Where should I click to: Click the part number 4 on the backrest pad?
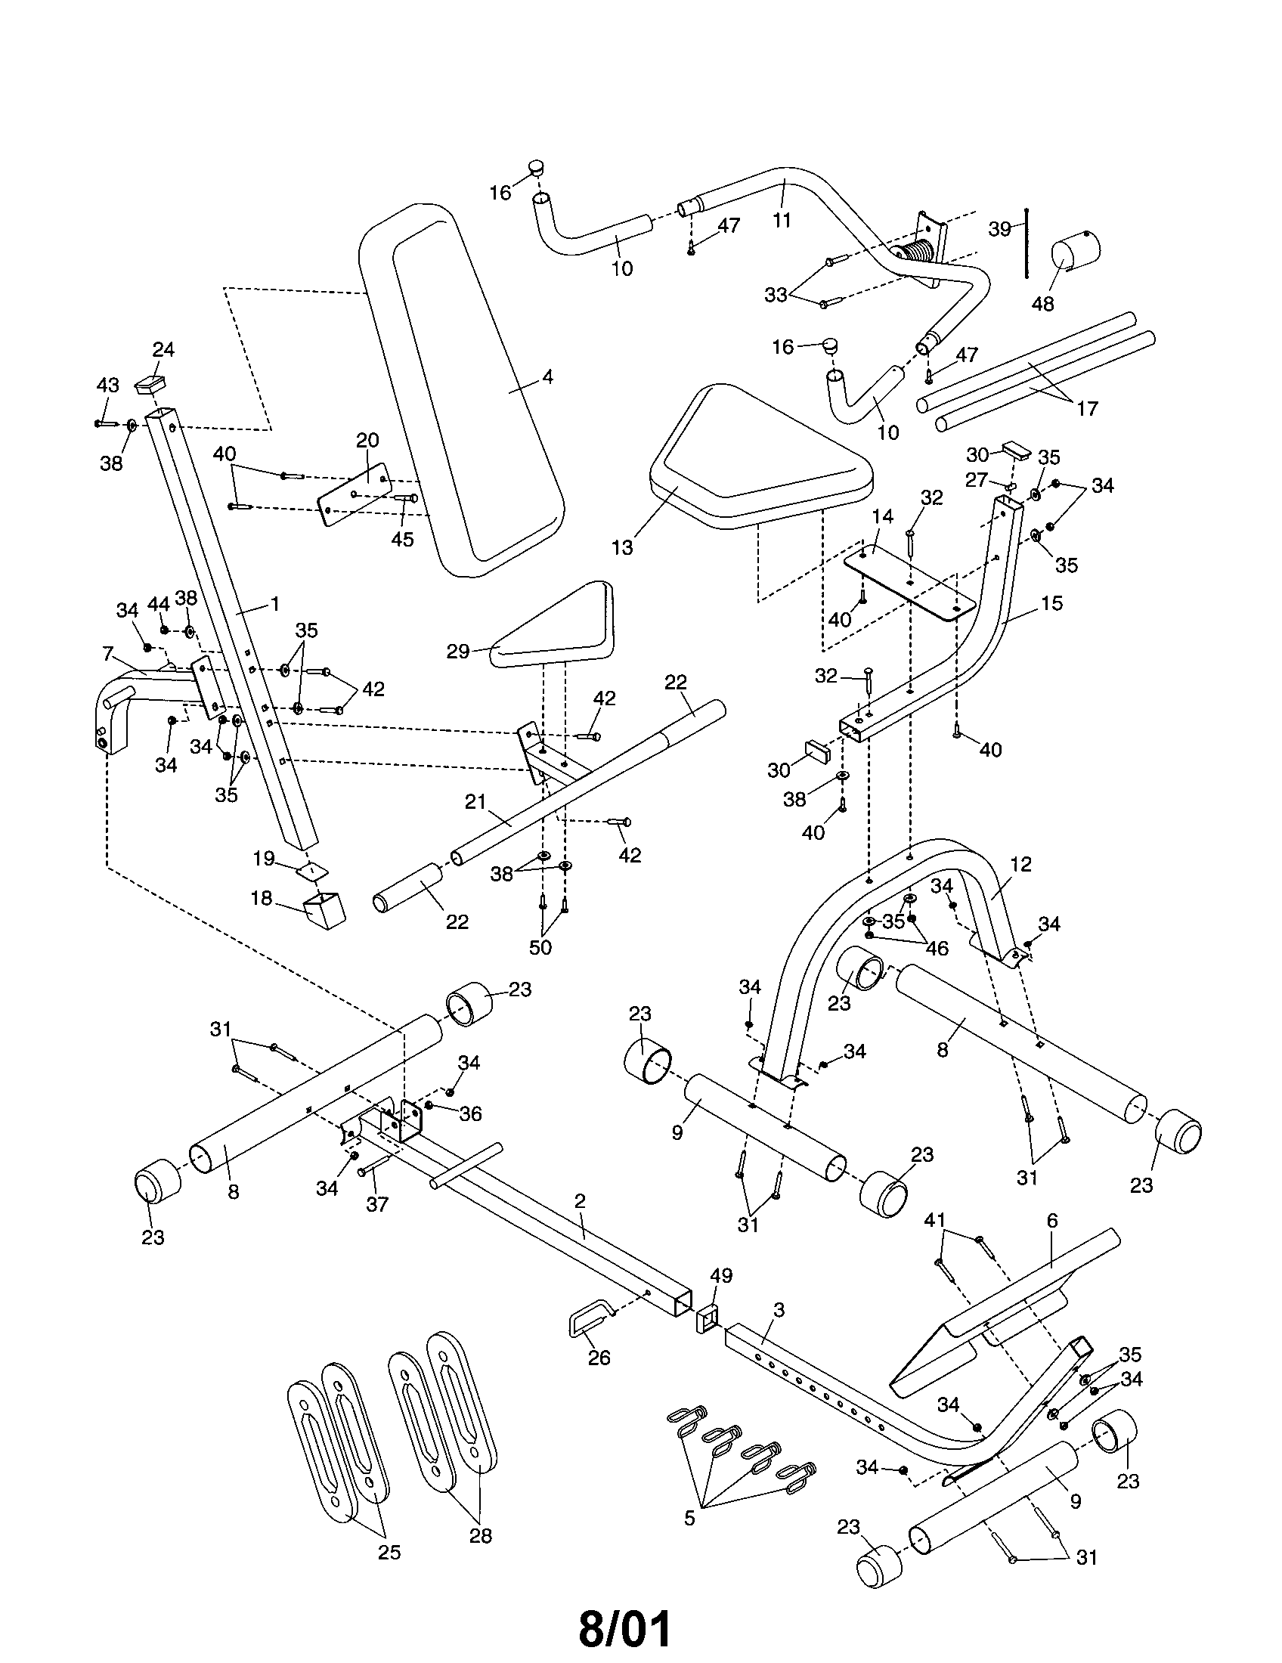coord(547,377)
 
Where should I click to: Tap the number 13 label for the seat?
coord(622,547)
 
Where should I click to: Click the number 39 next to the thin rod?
coord(999,228)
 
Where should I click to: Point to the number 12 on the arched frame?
coord(1020,864)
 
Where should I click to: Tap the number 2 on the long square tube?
coord(580,1201)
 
